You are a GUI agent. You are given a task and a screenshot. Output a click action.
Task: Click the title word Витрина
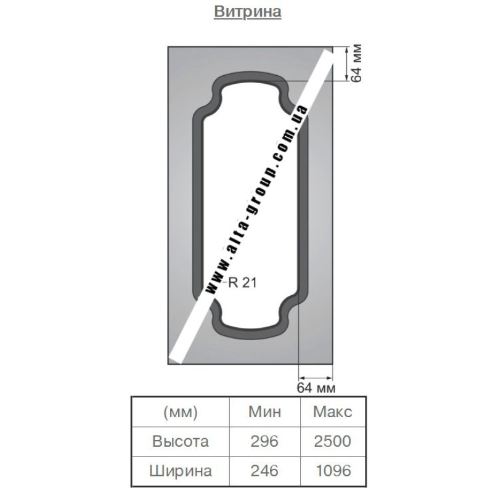[248, 11]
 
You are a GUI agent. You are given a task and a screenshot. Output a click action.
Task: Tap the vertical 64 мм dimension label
[356, 63]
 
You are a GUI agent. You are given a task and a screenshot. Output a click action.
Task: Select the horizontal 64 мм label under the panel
[316, 388]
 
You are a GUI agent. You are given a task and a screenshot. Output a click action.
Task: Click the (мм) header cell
[181, 412]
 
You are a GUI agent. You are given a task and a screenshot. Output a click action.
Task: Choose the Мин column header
[265, 412]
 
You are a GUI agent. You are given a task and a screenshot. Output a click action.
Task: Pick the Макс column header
[333, 412]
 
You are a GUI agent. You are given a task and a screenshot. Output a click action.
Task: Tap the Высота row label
[181, 441]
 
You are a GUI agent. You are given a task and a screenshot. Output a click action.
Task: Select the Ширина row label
[181, 471]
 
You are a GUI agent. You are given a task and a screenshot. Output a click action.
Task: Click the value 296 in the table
[264, 441]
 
